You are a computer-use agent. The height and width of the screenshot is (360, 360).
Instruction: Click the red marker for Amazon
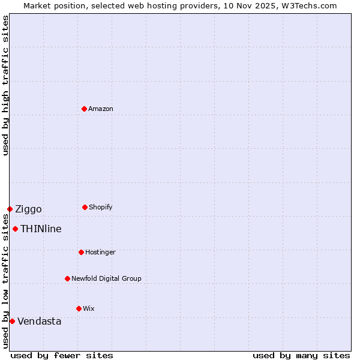click(x=85, y=109)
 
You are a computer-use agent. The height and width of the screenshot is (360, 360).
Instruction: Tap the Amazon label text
click(x=101, y=109)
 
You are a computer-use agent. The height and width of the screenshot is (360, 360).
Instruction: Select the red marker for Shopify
click(x=85, y=207)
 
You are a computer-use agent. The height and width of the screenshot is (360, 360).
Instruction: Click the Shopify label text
click(x=100, y=207)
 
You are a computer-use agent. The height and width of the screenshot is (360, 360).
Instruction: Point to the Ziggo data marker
click(x=10, y=209)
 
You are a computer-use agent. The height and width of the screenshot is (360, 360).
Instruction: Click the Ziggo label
click(x=28, y=209)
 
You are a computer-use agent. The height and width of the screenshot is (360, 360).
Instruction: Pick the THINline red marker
click(x=15, y=229)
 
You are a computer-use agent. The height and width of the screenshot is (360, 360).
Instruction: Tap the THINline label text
click(x=41, y=229)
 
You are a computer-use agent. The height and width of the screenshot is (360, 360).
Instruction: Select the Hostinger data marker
click(x=81, y=252)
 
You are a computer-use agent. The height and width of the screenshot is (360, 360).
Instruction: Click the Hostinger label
click(x=100, y=252)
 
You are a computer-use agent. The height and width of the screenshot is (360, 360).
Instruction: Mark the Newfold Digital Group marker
click(x=67, y=278)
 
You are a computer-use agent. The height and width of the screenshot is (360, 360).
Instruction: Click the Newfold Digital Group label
click(x=106, y=278)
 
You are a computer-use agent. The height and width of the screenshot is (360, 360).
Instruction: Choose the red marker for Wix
click(x=79, y=308)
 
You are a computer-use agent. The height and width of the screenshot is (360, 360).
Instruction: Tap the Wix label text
click(x=89, y=308)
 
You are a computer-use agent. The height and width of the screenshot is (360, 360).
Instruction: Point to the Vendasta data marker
click(x=12, y=321)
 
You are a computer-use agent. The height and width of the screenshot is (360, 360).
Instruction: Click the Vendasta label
click(x=39, y=321)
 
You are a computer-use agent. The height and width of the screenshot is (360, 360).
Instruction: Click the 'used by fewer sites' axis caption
click(x=61, y=355)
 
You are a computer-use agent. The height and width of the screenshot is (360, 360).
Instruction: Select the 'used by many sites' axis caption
click(x=301, y=355)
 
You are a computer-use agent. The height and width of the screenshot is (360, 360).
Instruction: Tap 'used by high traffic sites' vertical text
click(x=5, y=85)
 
